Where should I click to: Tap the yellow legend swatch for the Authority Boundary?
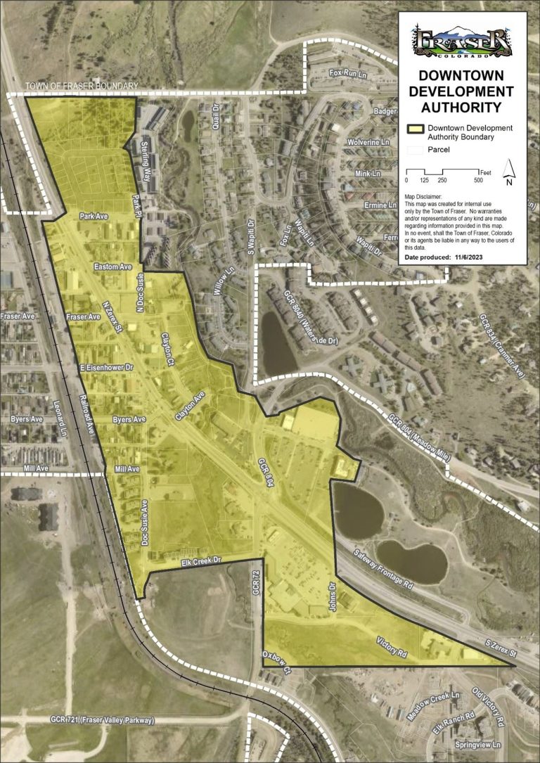(416, 132)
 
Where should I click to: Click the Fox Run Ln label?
(348, 72)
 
